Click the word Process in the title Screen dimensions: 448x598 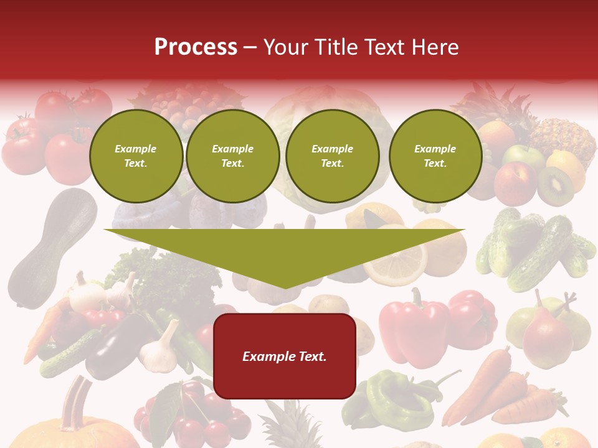click(x=196, y=47)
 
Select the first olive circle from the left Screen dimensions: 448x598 click(x=136, y=156)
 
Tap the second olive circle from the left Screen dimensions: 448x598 click(x=232, y=156)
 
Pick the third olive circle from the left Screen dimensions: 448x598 click(x=332, y=156)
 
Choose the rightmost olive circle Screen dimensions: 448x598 click(x=435, y=156)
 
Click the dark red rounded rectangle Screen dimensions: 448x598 click(x=285, y=356)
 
